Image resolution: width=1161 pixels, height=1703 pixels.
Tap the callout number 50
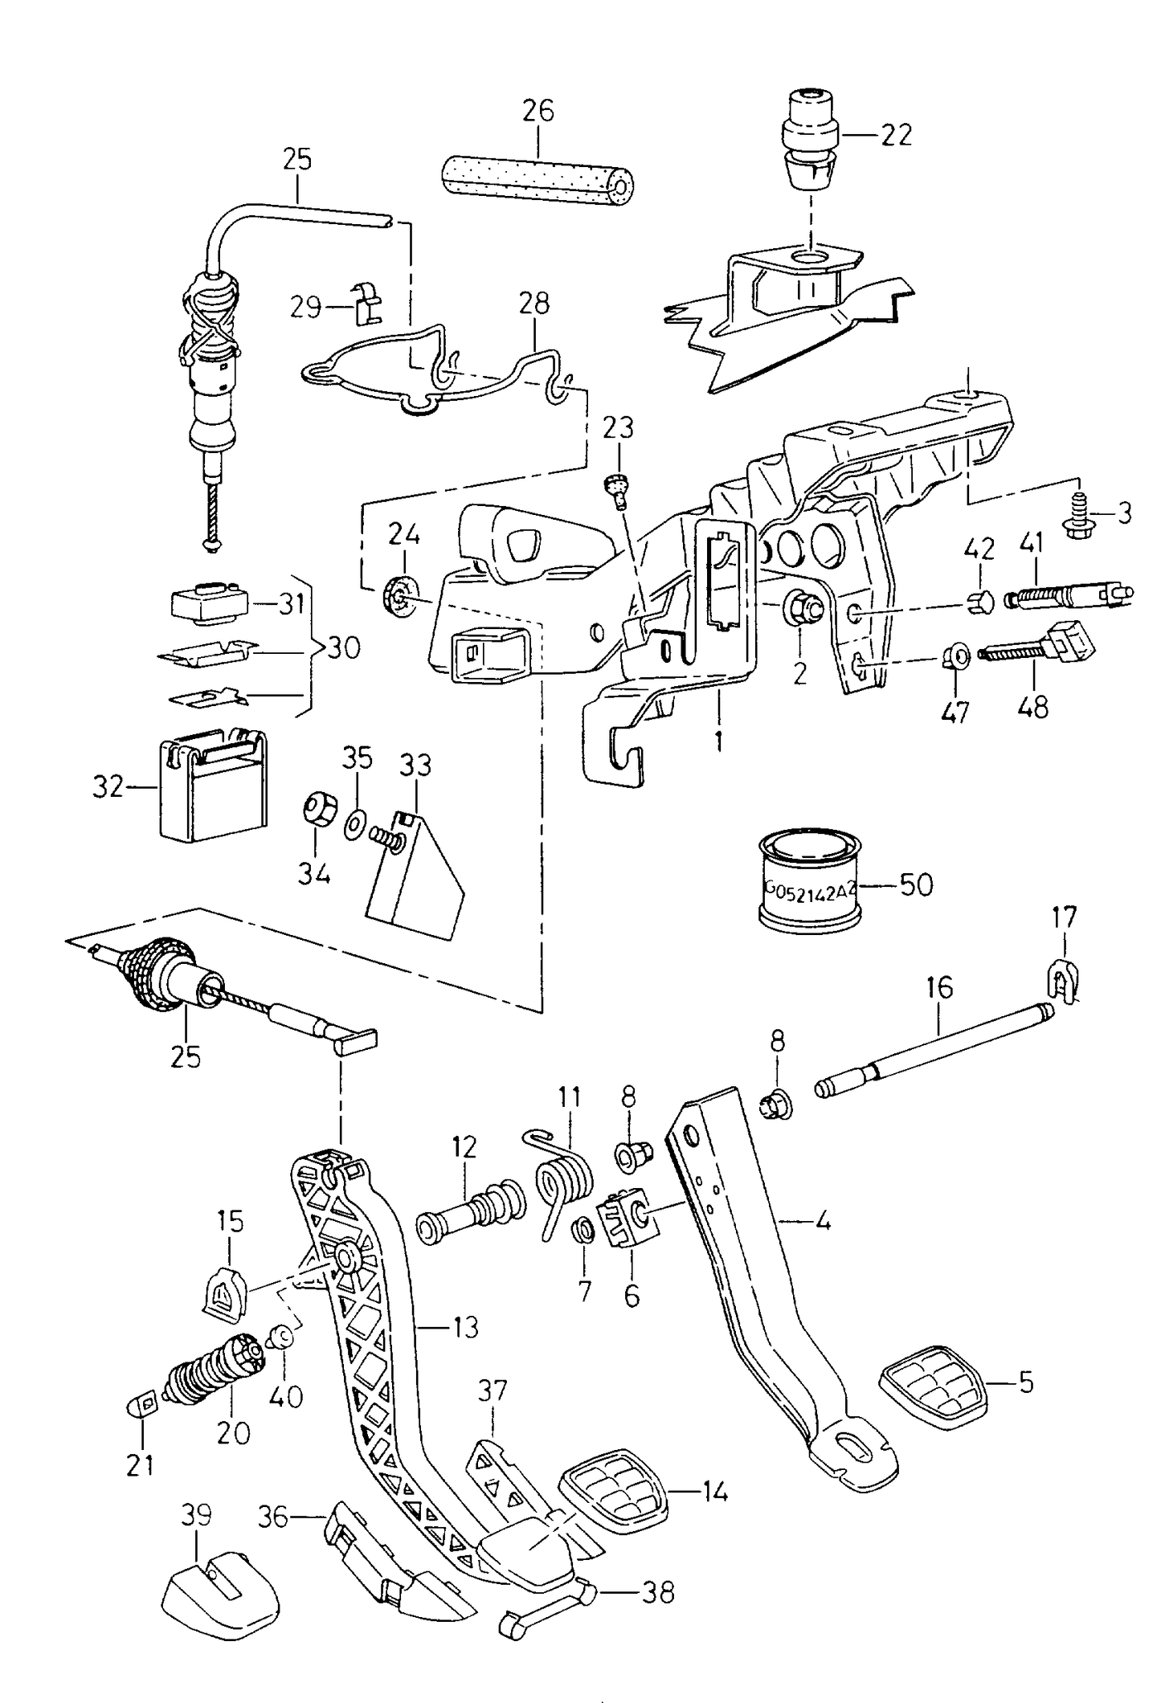915,885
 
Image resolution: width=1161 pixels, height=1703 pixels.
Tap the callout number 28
534,304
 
